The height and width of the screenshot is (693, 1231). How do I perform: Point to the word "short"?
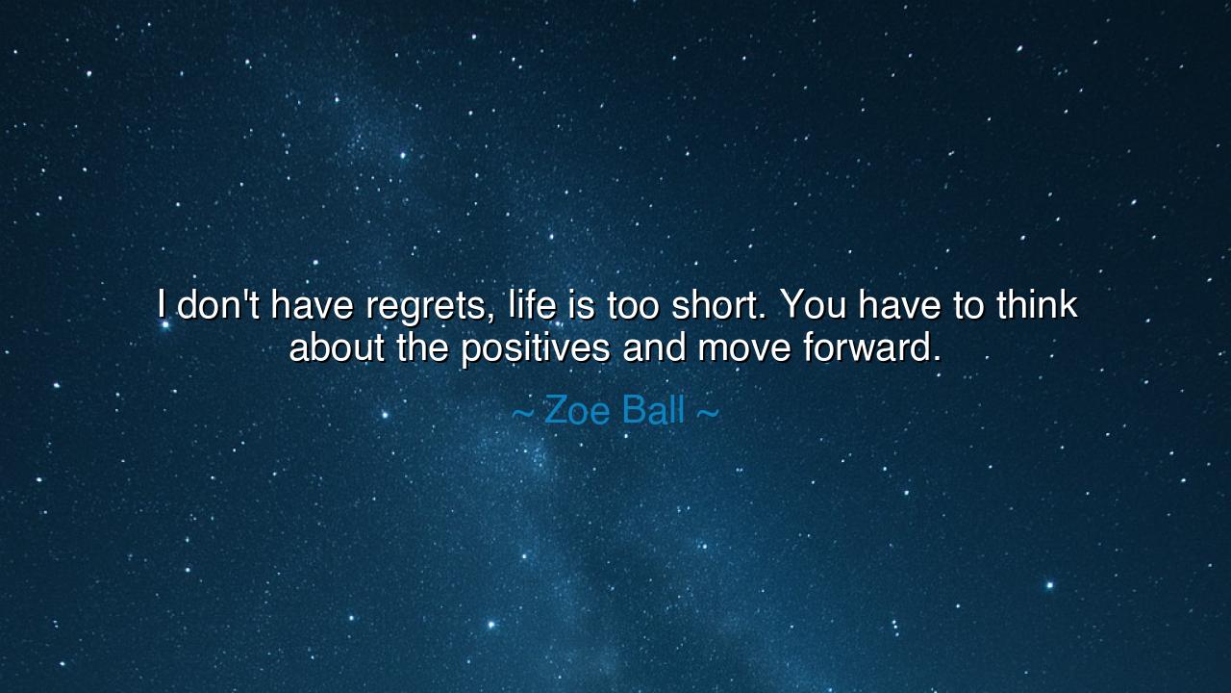point(719,305)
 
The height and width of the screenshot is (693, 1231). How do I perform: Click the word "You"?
point(813,305)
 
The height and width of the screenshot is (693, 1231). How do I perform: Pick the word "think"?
point(1037,305)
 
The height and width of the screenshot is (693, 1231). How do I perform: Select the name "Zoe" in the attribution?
point(577,411)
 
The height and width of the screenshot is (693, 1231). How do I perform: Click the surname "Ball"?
point(653,411)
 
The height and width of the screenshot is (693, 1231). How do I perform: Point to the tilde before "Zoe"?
point(521,413)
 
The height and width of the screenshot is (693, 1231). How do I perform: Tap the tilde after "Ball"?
point(707,413)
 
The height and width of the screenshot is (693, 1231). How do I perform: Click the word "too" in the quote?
point(633,305)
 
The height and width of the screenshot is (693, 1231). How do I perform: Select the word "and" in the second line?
point(655,347)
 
